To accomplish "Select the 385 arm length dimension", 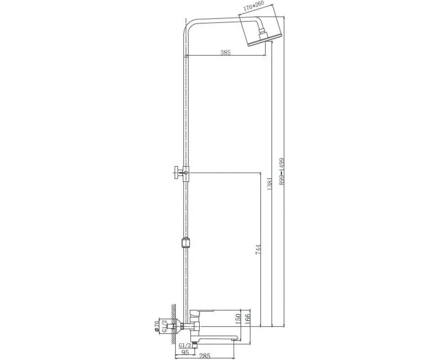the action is pos(226,52).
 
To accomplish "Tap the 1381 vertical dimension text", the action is pos(269,184).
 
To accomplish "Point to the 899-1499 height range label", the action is pos(282,171).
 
